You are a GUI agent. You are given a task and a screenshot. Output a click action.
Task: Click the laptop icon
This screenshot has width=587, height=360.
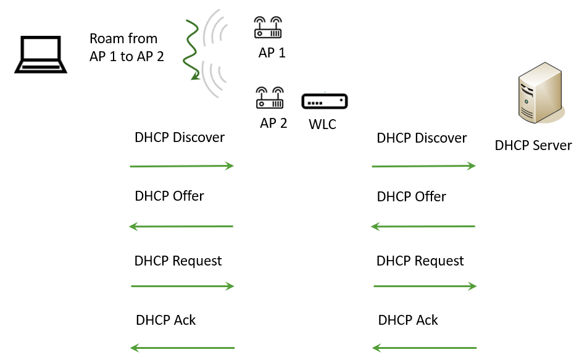pos(40,55)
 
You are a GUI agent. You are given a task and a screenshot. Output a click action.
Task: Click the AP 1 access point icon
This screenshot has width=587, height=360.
pos(268,28)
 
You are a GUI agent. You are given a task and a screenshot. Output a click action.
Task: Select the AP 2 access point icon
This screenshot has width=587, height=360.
pos(269,98)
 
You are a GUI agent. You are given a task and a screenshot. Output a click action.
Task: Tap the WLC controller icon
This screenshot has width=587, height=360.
pos(325,101)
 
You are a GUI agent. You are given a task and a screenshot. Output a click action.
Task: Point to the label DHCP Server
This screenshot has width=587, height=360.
pos(533,146)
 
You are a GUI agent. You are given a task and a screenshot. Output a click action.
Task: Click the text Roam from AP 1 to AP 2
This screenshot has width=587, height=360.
pos(127,48)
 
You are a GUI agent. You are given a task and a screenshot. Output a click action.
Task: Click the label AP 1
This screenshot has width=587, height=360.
pos(272,53)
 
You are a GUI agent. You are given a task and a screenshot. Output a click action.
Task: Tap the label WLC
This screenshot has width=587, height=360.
pos(322,124)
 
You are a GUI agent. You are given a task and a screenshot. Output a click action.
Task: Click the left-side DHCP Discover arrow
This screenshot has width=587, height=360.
pos(181,166)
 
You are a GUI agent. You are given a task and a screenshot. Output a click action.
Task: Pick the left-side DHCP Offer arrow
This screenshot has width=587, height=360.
pos(181,227)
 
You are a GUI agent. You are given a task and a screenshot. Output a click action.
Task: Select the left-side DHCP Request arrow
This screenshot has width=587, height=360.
pos(183,286)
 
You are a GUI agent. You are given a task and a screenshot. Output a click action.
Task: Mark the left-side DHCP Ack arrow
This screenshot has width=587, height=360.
pos(183,348)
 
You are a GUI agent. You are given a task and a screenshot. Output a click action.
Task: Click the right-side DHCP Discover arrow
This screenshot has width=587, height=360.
pos(423,166)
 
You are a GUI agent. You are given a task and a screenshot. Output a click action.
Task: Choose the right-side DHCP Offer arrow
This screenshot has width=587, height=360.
pos(423,227)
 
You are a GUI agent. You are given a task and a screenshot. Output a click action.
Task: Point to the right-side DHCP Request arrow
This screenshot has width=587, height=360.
pos(425,286)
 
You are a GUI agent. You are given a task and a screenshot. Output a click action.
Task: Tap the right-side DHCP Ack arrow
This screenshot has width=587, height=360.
pos(425,348)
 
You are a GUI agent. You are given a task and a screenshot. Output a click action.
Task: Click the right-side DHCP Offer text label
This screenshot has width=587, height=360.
pos(411,197)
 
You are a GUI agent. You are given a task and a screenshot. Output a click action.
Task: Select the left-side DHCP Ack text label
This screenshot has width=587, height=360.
pos(165,320)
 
